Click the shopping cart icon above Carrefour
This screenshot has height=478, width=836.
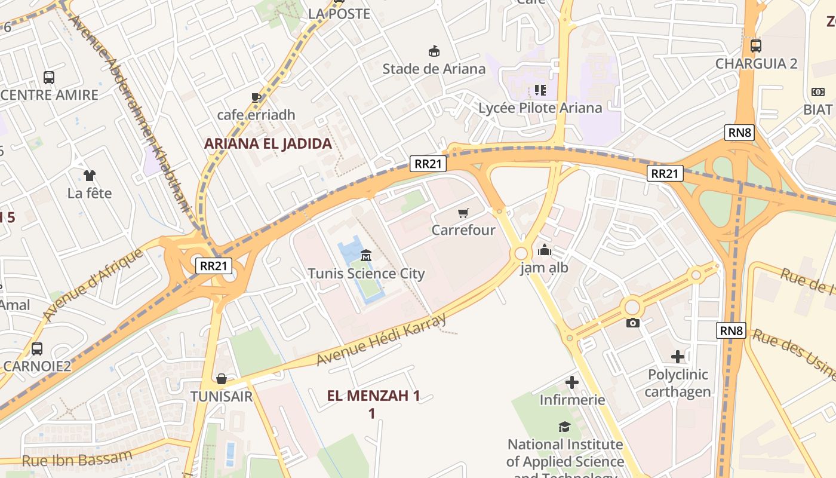(x=463, y=213)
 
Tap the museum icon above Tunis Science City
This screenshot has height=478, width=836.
(x=366, y=256)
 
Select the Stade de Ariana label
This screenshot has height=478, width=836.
(x=434, y=69)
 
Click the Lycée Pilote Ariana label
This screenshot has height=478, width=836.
(x=540, y=108)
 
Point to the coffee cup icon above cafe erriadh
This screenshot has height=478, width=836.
(x=256, y=97)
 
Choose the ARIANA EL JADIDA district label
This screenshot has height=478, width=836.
(x=268, y=143)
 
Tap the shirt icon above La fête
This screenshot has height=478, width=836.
(x=90, y=175)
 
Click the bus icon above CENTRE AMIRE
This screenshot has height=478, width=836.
(x=49, y=77)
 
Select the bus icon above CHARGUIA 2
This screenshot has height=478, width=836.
(x=756, y=45)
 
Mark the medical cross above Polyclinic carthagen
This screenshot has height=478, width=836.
(x=678, y=357)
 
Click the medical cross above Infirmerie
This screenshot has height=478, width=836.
(x=572, y=382)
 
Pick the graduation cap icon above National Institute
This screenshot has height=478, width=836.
(x=564, y=427)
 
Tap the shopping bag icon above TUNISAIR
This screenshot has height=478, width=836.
(x=222, y=379)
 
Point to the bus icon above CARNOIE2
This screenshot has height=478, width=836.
(x=37, y=348)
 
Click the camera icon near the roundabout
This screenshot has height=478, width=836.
(x=633, y=323)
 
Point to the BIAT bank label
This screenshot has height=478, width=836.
(x=817, y=109)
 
